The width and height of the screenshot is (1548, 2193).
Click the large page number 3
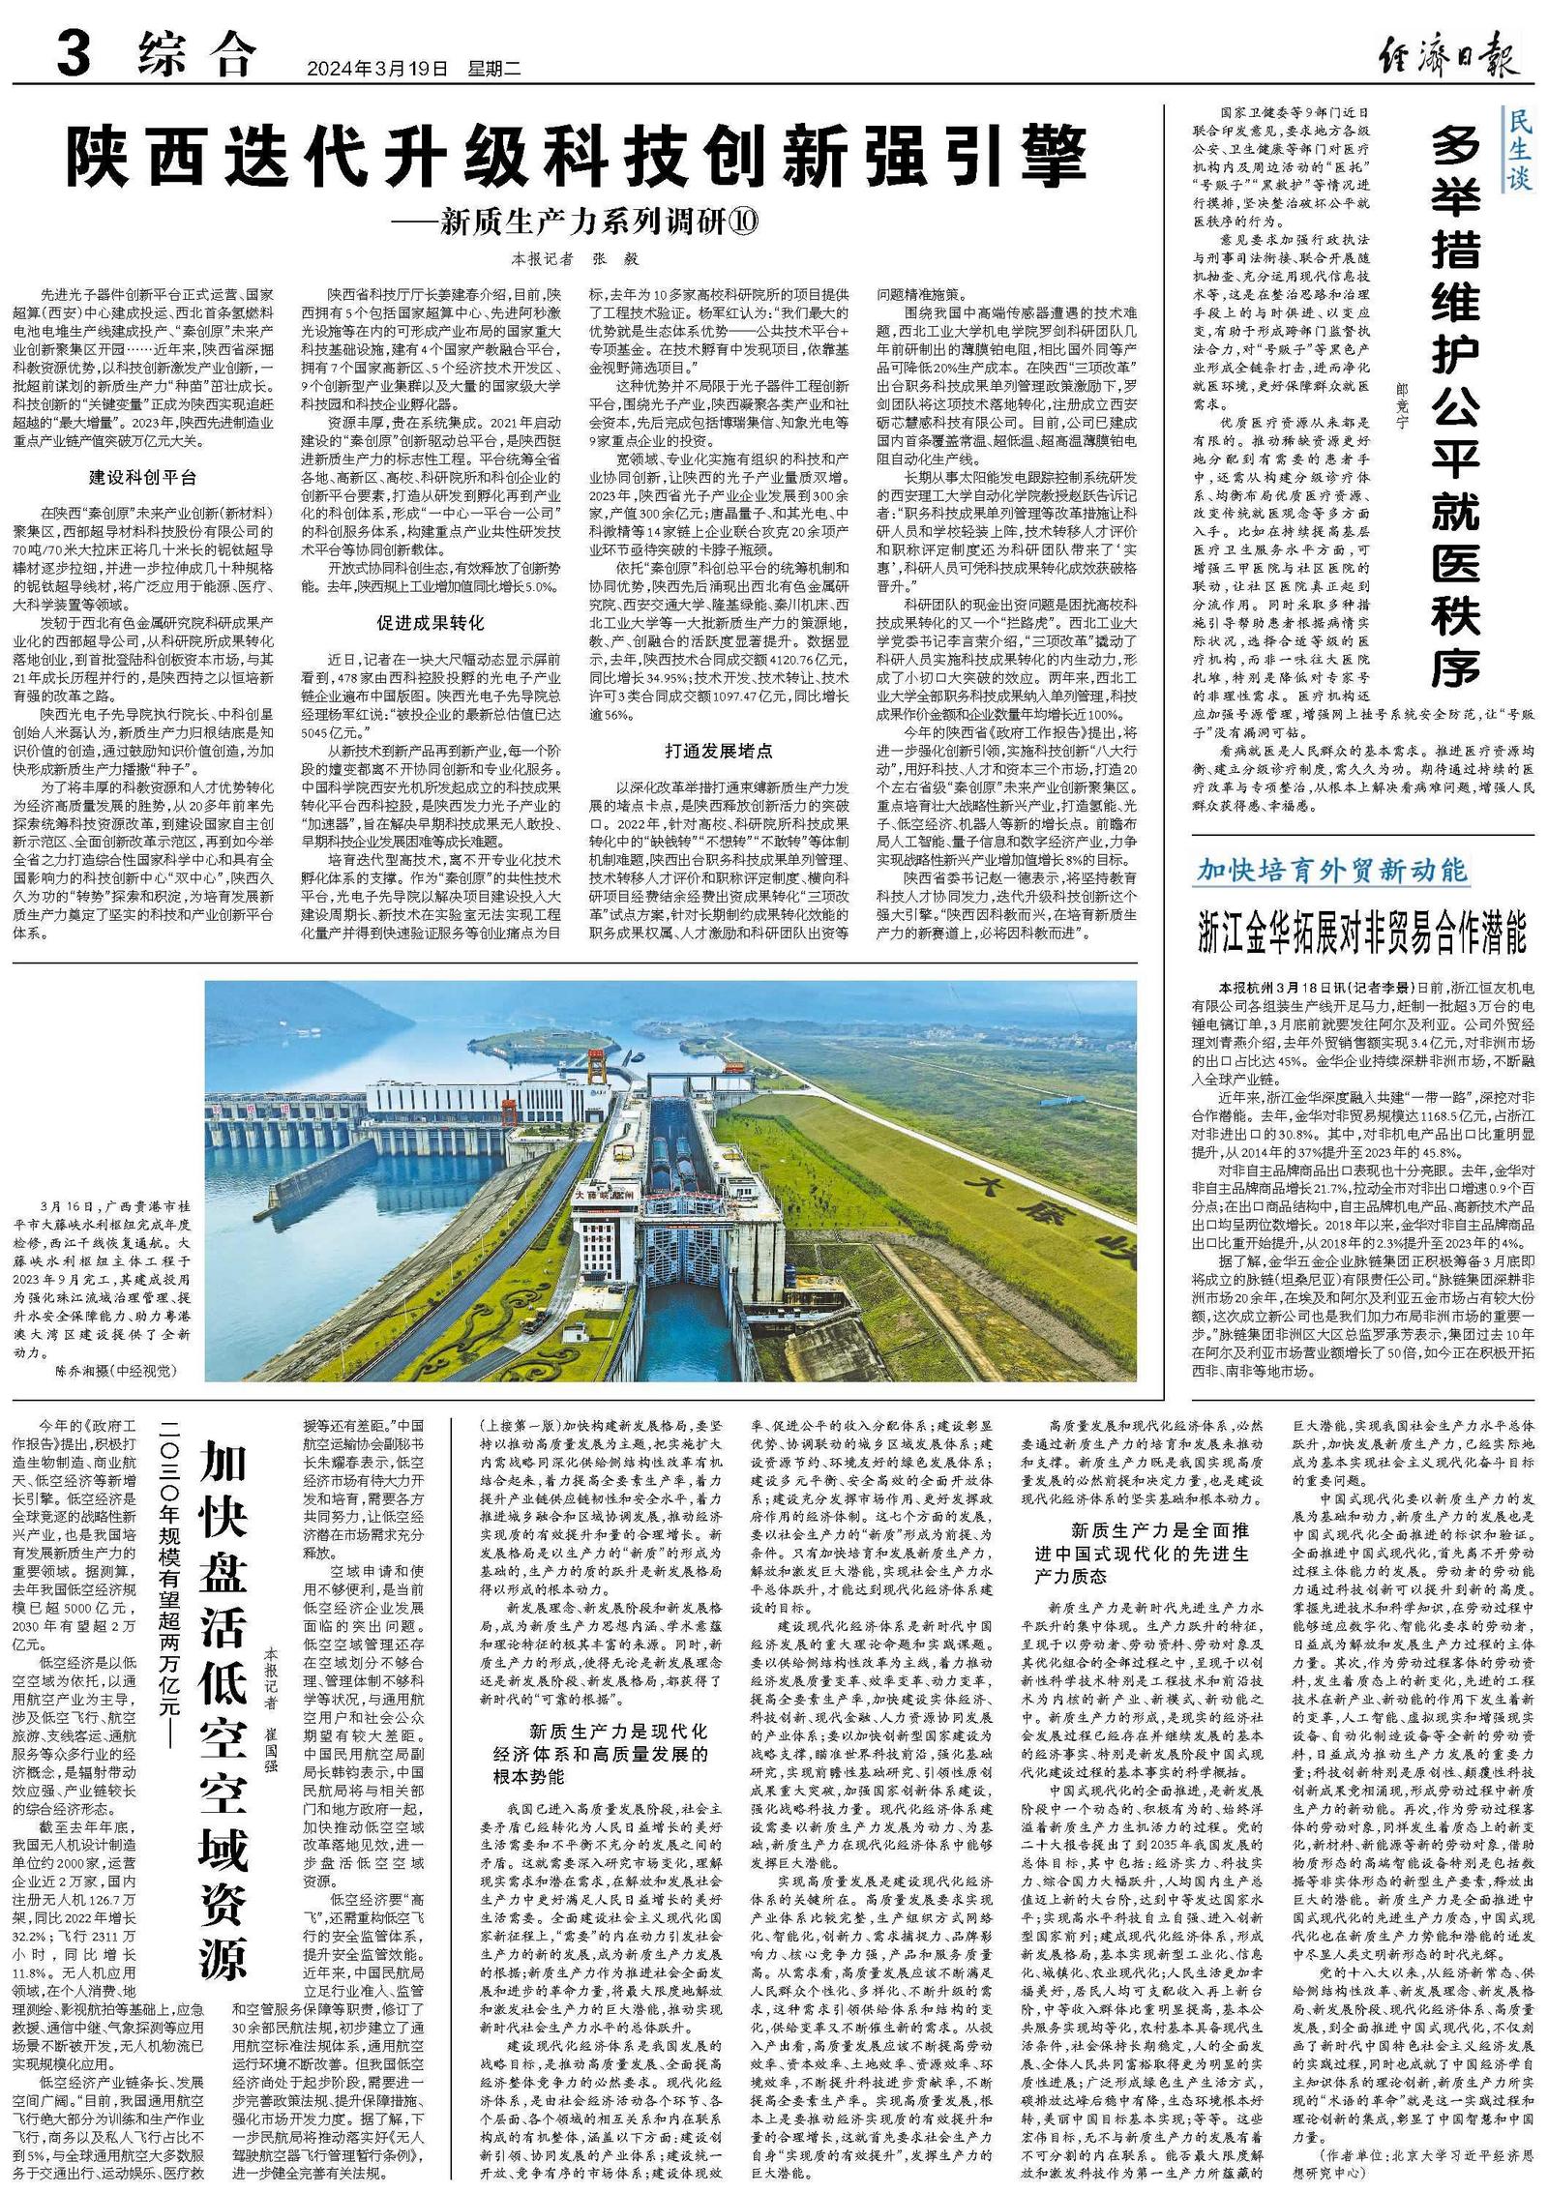74,55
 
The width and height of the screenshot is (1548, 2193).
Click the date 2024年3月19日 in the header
378,70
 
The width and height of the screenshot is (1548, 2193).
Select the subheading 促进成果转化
431,623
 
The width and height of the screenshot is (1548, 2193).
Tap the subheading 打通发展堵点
718,750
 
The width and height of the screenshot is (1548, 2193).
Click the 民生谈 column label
1519,148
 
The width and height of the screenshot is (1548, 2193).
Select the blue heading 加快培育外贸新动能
1332,870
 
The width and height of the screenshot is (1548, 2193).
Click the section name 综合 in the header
196,56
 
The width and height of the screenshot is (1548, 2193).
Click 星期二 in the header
494,70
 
